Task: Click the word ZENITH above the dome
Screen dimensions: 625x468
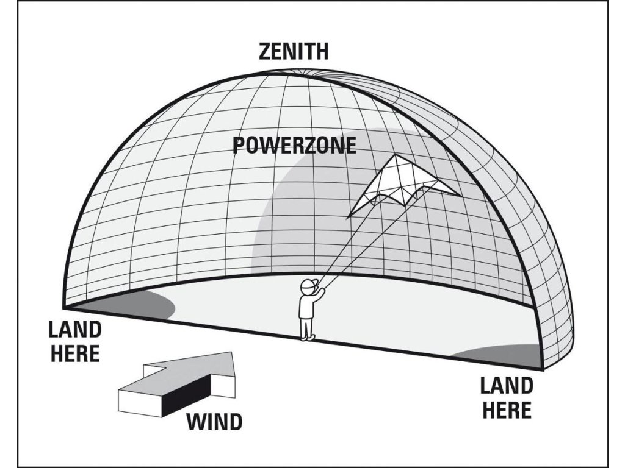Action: (x=293, y=51)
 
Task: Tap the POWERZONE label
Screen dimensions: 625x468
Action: (x=294, y=145)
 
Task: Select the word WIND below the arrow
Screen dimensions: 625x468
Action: (x=214, y=421)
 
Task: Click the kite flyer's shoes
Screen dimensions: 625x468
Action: (x=308, y=336)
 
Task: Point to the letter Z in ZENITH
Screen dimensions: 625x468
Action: (x=264, y=51)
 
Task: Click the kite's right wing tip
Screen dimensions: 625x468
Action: (x=458, y=194)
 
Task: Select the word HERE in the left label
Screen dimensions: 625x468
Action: (x=75, y=353)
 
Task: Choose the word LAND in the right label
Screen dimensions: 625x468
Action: (x=506, y=385)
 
